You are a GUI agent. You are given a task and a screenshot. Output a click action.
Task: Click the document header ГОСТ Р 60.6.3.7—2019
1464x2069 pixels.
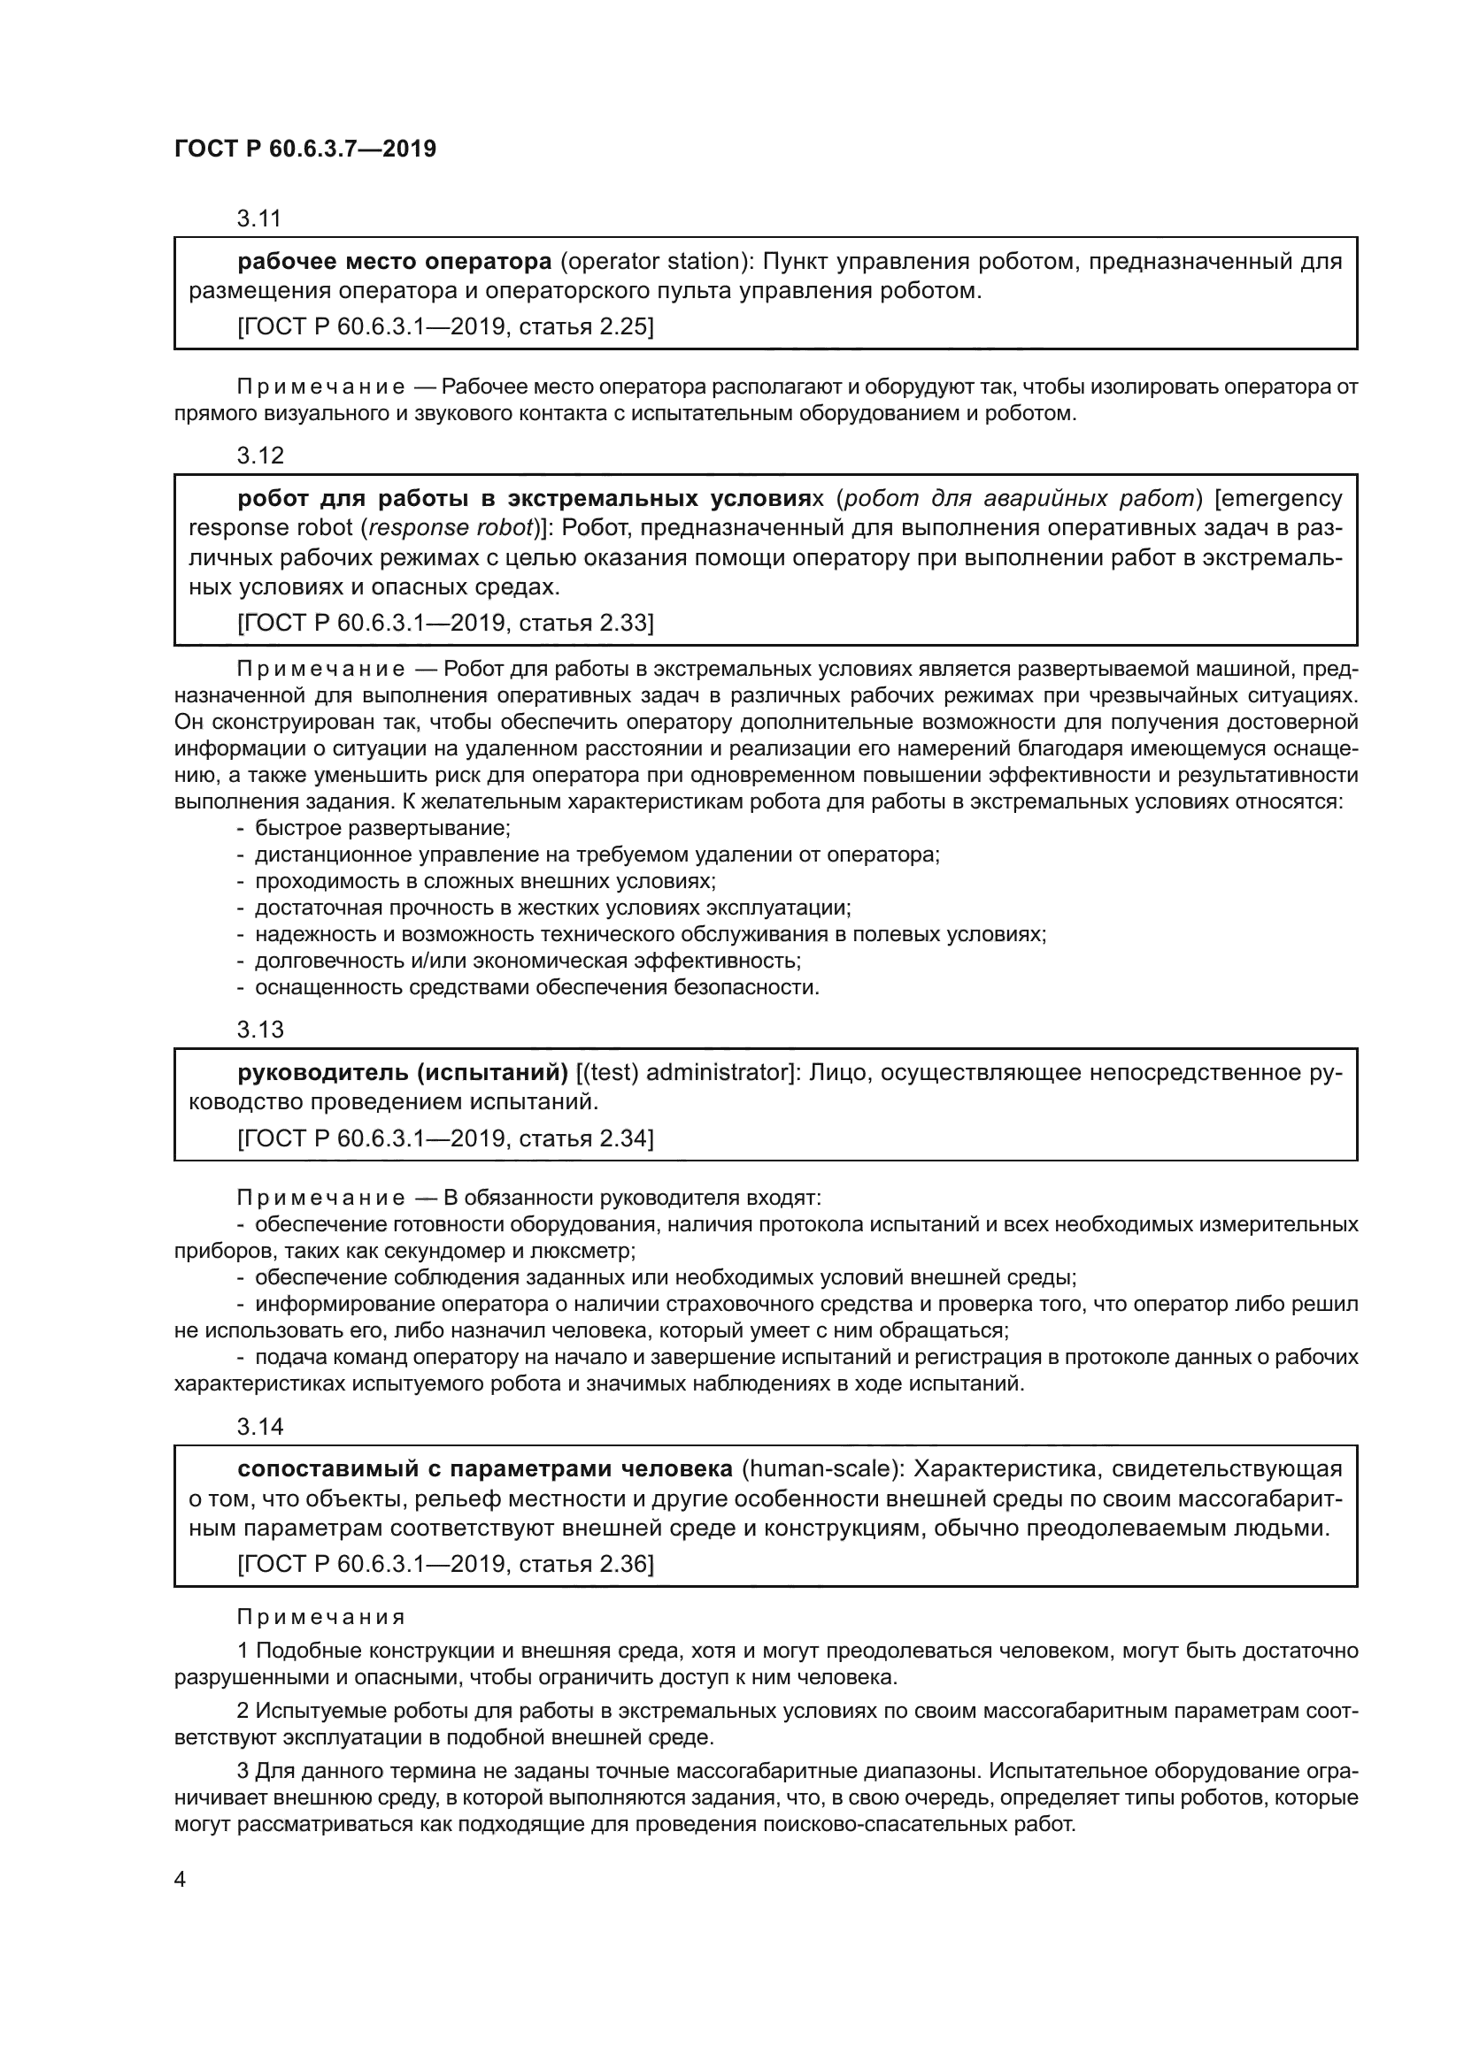304,149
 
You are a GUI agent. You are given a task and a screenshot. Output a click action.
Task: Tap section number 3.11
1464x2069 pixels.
259,218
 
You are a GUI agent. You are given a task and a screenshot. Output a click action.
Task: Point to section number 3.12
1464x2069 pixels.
259,456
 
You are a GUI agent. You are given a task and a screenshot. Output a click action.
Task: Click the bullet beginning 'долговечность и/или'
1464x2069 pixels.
528,961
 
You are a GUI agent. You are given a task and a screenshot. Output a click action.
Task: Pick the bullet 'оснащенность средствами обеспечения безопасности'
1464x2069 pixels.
537,987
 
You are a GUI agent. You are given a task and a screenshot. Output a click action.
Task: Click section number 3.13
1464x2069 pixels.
259,1030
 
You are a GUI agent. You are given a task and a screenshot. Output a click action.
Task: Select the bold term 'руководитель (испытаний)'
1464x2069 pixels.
402,1073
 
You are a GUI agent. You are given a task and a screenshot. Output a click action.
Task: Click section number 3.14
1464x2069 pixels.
259,1427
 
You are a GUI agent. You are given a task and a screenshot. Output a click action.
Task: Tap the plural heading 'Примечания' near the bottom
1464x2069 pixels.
321,1617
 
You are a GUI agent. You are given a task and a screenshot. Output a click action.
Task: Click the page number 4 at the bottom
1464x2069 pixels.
181,1880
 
